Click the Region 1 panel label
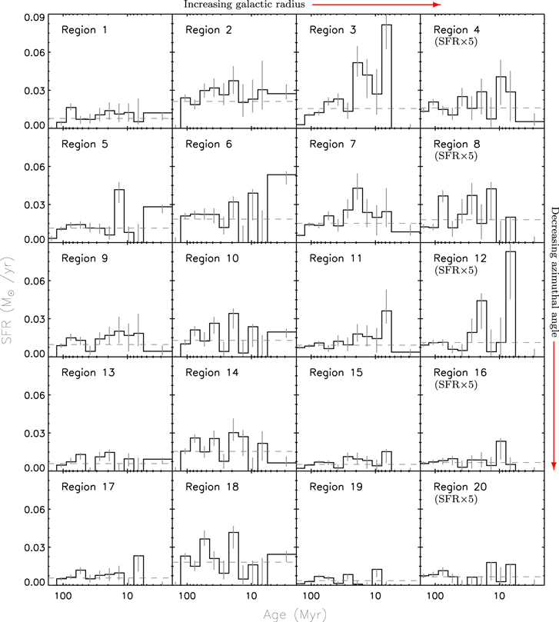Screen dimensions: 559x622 [84, 30]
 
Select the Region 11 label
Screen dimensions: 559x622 [336, 258]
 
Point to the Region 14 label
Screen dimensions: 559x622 [212, 373]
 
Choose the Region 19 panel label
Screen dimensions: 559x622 [336, 487]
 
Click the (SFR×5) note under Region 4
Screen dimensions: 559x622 [456, 42]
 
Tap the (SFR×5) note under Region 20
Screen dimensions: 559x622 [456, 499]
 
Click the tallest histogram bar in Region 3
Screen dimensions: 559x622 [387, 76]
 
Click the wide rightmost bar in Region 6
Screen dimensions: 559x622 [281, 208]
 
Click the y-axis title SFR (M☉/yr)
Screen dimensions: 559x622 [8, 301]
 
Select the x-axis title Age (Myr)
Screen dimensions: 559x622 [295, 614]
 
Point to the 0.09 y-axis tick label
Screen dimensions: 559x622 [35, 18]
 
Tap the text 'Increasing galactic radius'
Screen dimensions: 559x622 [244, 5]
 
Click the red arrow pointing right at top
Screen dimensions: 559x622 [377, 5]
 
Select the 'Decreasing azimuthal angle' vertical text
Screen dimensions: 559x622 [554, 271]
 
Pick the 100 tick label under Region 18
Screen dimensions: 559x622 [187, 596]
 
